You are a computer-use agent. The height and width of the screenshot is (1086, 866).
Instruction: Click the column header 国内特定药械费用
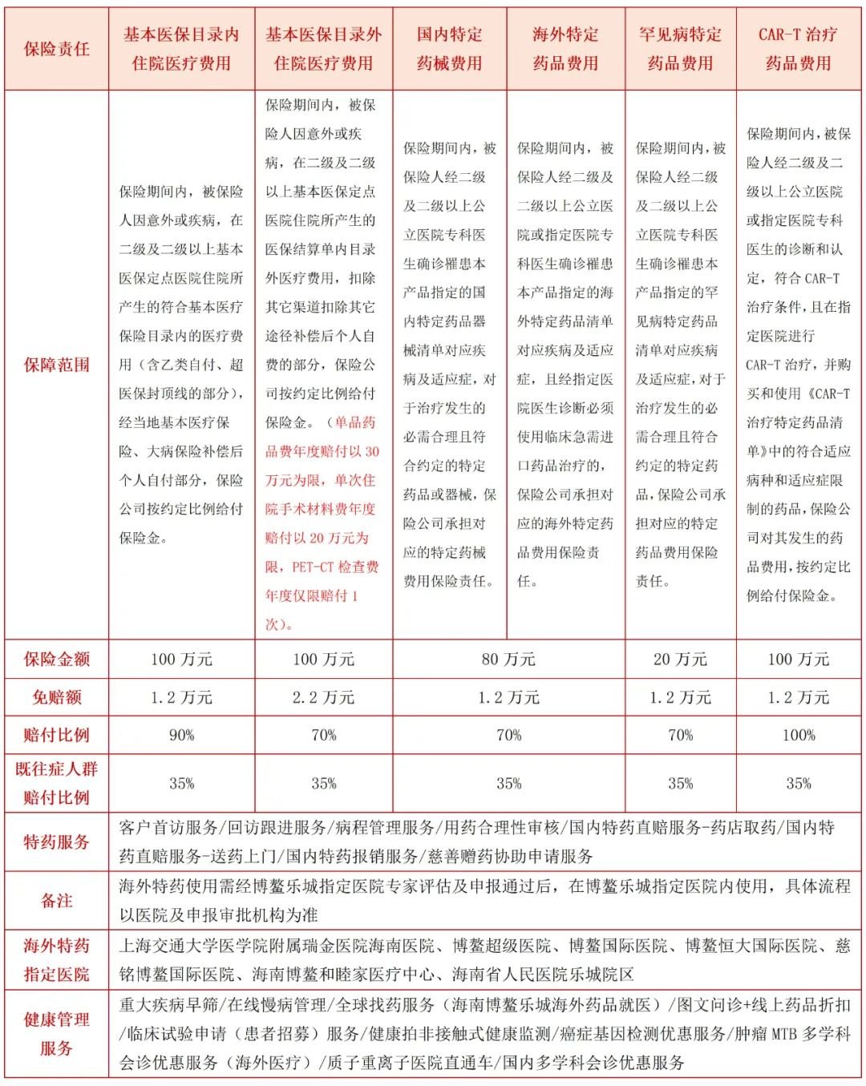tap(449, 49)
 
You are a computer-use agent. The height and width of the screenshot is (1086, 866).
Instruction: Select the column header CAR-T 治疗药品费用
tap(798, 49)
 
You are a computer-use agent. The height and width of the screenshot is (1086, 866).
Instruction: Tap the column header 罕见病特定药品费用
tap(680, 49)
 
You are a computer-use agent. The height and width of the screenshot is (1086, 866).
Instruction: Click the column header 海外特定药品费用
tap(565, 49)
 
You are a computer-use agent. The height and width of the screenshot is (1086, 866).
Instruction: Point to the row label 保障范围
tap(56, 365)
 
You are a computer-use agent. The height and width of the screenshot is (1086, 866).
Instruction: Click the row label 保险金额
tap(56, 660)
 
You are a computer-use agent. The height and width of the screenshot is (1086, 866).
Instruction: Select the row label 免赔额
tap(56, 697)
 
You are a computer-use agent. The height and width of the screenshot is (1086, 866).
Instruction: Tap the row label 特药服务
tap(56, 842)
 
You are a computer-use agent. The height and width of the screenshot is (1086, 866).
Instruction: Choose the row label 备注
tap(56, 901)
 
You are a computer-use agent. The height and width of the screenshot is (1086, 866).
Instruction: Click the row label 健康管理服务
tap(56, 1034)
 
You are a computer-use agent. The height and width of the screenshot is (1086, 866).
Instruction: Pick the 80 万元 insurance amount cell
tap(508, 660)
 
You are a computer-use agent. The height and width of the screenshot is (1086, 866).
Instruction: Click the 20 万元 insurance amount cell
tap(680, 660)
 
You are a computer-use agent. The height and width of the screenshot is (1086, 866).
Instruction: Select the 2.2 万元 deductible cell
tap(323, 697)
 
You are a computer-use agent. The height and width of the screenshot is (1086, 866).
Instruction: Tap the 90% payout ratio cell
tap(181, 735)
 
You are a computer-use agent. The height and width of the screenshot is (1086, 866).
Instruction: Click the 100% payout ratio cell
tap(798, 735)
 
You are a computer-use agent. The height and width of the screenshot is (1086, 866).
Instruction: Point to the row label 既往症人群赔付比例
tap(56, 783)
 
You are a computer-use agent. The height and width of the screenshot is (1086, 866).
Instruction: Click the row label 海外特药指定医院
tap(56, 960)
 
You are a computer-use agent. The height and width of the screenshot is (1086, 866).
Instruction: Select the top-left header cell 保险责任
tap(56, 49)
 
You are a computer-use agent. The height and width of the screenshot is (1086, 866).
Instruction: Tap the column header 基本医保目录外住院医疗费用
tap(323, 49)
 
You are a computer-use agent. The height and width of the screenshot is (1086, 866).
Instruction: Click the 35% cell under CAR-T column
tap(798, 783)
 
